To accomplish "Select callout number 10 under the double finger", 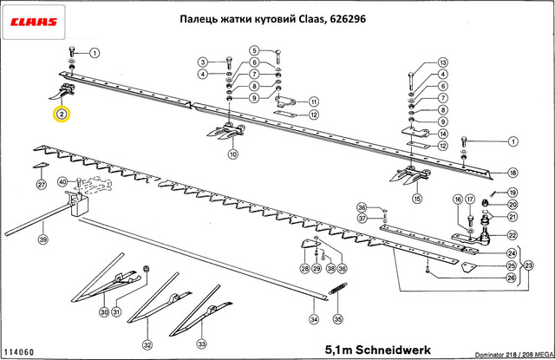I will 232,154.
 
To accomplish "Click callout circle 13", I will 442,63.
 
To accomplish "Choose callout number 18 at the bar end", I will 513,172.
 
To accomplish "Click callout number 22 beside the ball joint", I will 513,235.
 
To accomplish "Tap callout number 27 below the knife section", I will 41,185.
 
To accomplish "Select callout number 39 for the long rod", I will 42,239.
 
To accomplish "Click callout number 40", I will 62,182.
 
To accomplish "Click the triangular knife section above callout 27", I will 40,167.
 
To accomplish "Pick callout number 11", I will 313,101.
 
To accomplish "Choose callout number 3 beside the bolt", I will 202,62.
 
